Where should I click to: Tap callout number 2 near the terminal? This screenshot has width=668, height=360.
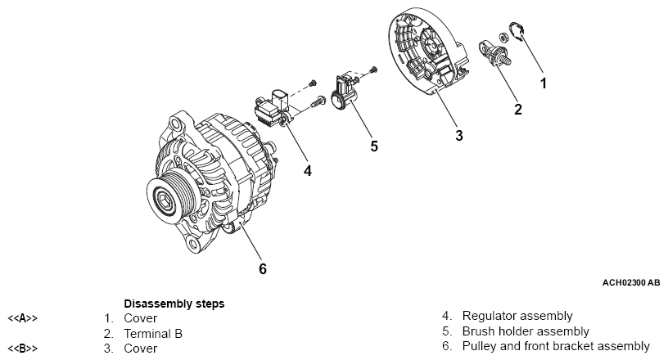coord(517,109)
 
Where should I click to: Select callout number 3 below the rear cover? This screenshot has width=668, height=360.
coord(459,136)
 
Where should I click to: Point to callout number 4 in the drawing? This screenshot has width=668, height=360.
coord(307,171)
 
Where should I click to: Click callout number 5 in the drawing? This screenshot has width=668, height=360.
coord(374,146)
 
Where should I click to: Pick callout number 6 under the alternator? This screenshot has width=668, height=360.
coord(263,268)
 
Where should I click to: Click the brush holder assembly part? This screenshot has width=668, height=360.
coord(345,94)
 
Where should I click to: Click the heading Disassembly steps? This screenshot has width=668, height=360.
coord(174,303)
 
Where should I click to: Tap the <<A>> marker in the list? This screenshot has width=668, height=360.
coord(23,317)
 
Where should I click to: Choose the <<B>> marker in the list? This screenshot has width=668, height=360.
coord(23,349)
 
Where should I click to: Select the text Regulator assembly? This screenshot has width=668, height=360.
coord(517,316)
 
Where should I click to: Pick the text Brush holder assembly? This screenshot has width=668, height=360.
coord(526,331)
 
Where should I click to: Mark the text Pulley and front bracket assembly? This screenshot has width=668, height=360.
coord(556,347)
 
